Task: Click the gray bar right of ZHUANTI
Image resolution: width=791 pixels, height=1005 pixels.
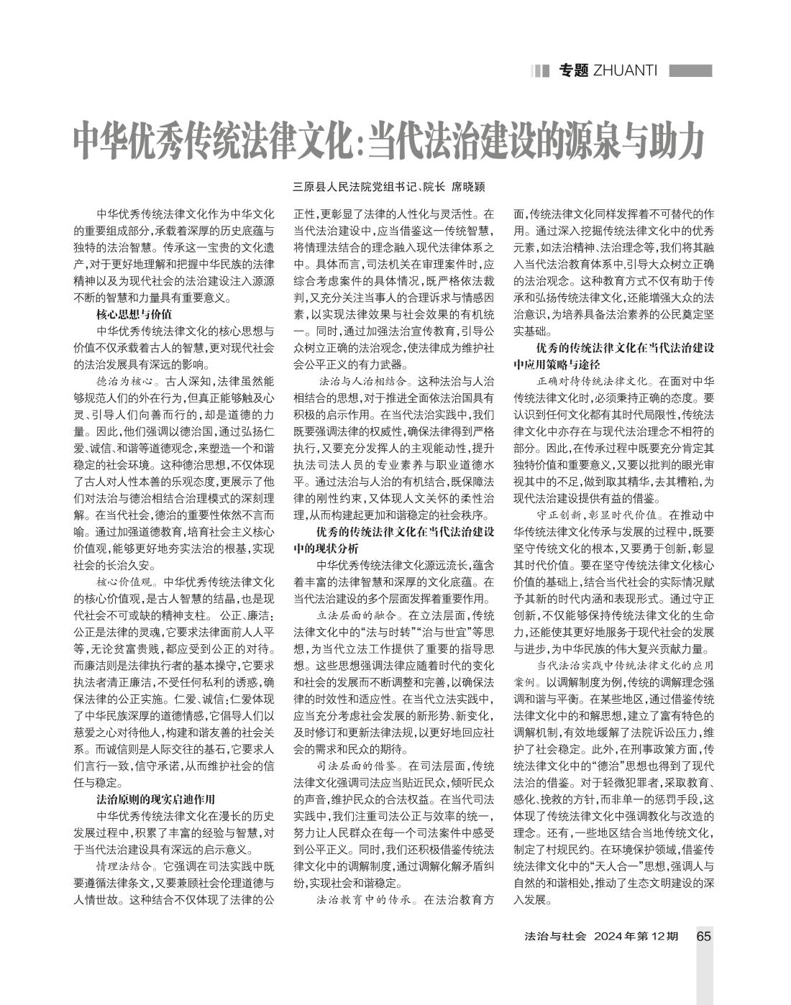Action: pyautogui.click(x=690, y=70)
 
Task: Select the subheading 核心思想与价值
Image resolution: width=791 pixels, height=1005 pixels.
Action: pyautogui.click(x=134, y=314)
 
